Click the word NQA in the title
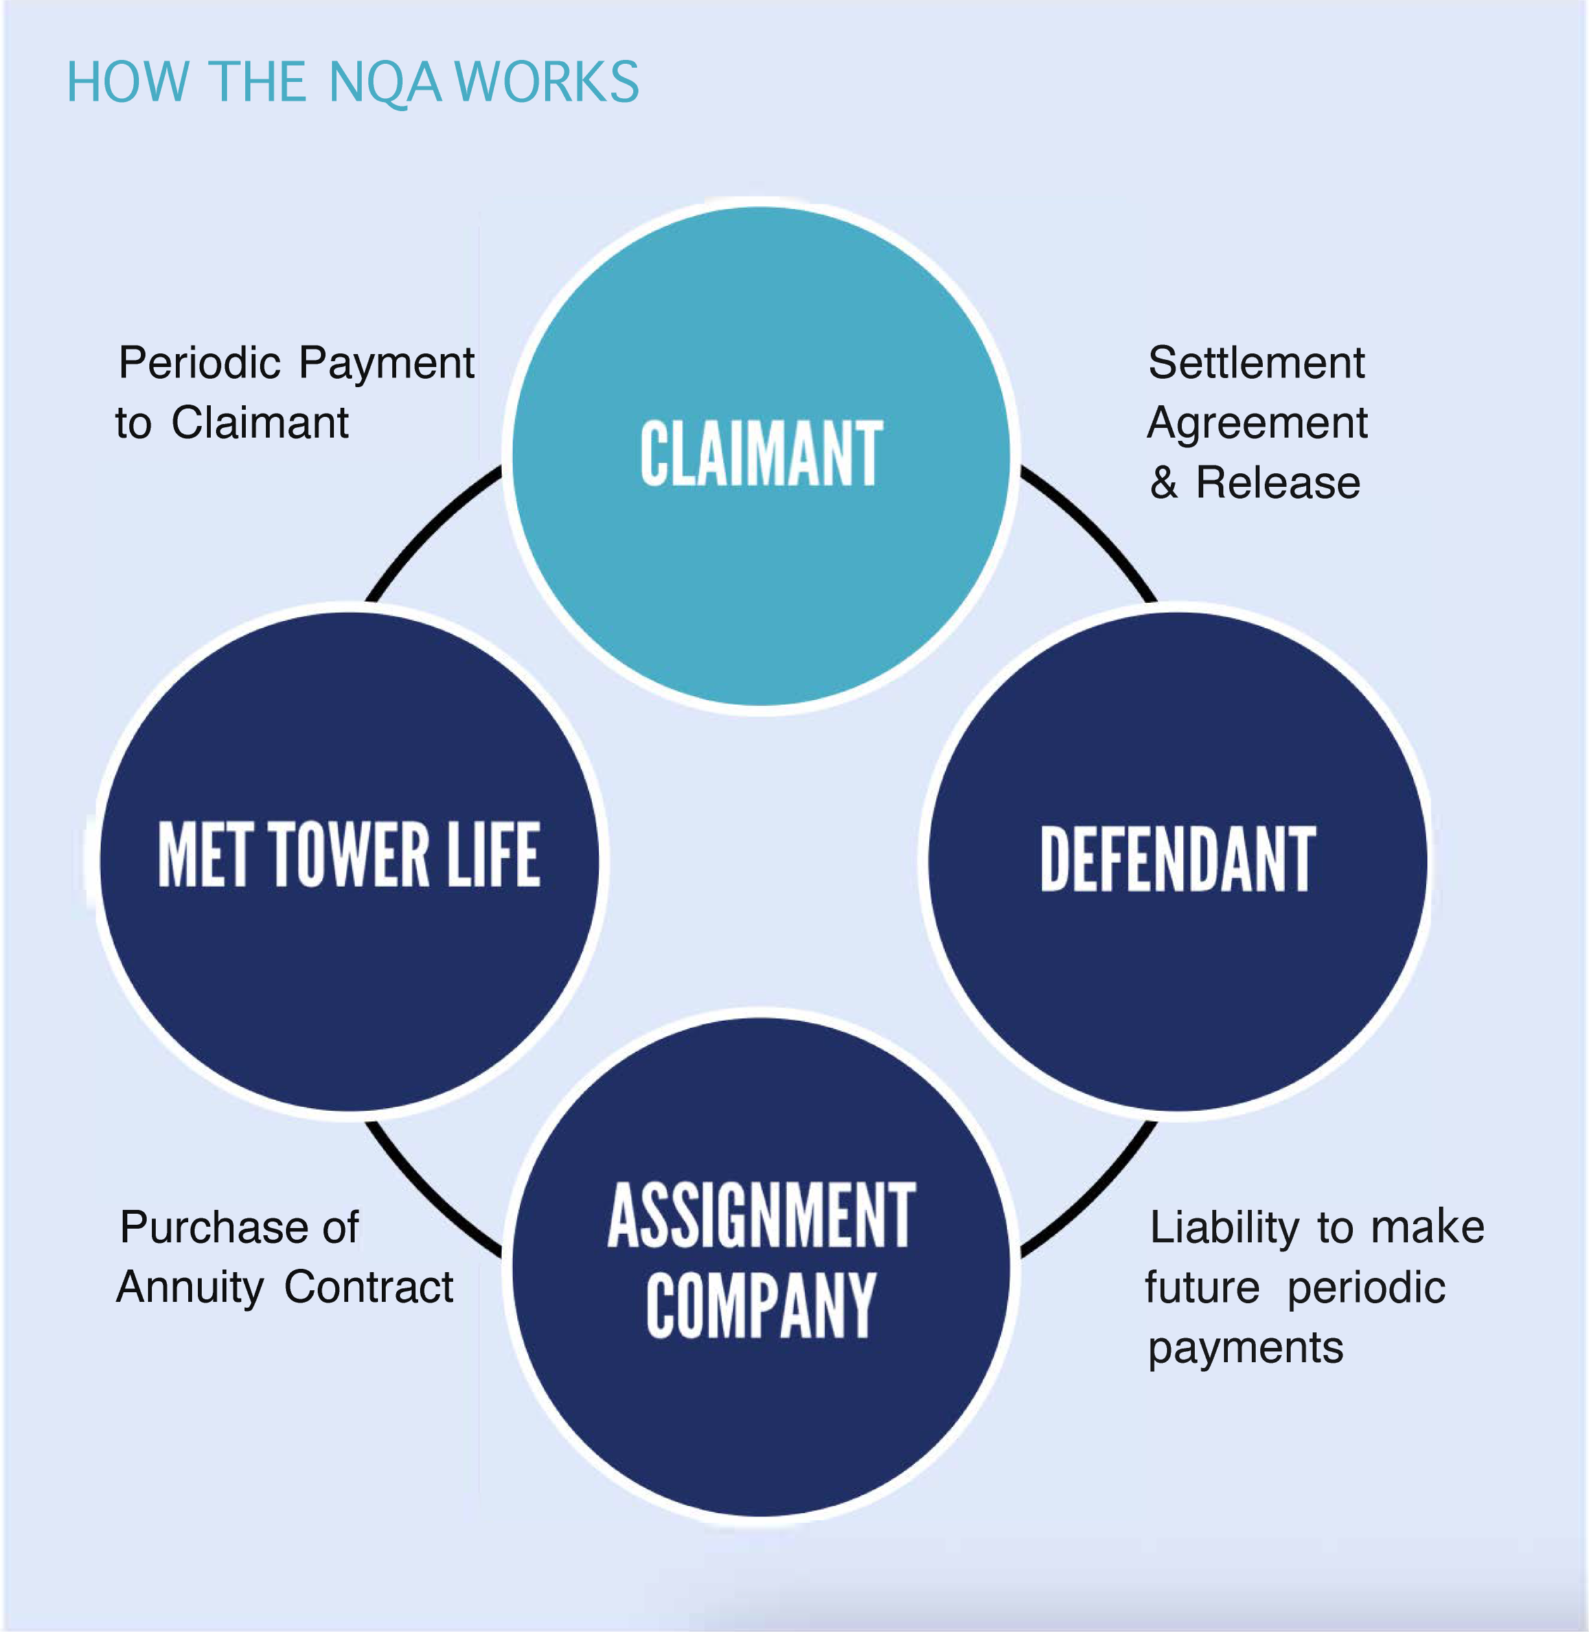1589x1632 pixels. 384,83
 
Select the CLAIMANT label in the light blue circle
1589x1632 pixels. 761,454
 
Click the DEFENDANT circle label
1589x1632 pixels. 1178,859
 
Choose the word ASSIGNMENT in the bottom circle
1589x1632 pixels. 761,1215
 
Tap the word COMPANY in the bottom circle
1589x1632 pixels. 761,1306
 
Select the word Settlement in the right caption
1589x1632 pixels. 1256,363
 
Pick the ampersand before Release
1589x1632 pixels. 1163,483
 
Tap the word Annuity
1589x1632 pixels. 189,1287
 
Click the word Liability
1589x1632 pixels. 1224,1227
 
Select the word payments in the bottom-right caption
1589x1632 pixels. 1245,1348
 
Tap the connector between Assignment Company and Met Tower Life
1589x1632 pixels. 426,1194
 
